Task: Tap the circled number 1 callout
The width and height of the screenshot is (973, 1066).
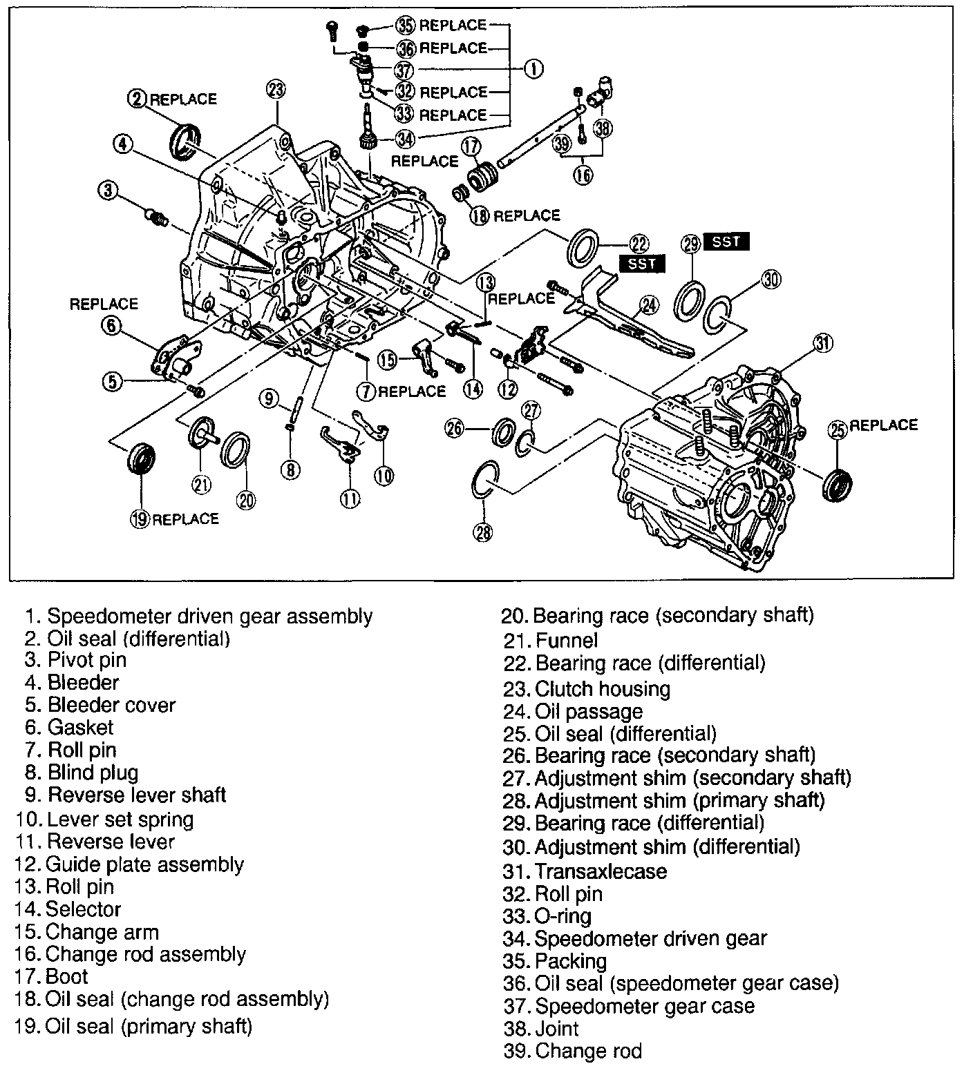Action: click(x=532, y=68)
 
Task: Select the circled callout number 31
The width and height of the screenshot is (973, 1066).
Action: click(x=822, y=343)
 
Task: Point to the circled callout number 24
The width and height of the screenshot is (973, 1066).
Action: click(x=649, y=304)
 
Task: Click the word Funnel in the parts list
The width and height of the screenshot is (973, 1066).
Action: click(x=567, y=641)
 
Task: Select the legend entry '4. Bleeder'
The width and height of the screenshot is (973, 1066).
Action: click(x=72, y=683)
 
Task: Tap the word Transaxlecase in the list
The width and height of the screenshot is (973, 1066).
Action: click(x=601, y=871)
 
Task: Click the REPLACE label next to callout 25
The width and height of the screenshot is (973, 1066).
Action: click(x=883, y=425)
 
